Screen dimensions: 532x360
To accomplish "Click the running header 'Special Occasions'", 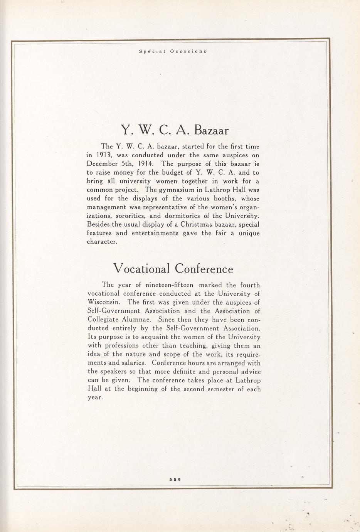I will pyautogui.click(x=173, y=51).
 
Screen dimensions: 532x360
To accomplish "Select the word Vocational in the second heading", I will pyautogui.click(x=141, y=268).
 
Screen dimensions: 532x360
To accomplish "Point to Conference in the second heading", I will pyautogui.click(x=204, y=268).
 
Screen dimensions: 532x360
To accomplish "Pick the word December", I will pyautogui.click(x=103, y=164).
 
